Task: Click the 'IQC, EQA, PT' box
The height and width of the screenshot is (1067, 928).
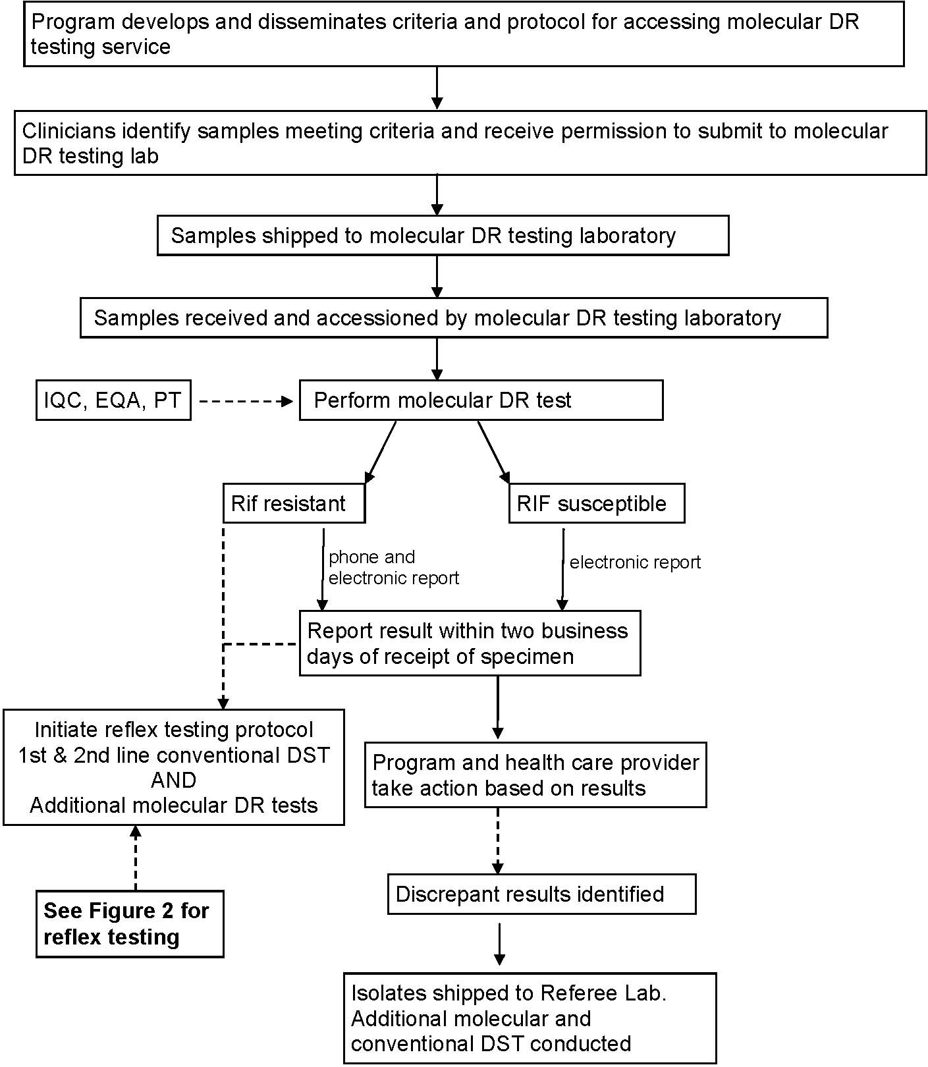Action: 113,400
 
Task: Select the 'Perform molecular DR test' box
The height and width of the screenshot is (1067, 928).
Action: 481,400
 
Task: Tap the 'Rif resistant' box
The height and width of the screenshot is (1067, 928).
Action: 294,504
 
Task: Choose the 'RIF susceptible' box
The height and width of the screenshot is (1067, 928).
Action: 596,504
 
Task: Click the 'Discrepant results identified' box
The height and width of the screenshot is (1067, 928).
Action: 541,894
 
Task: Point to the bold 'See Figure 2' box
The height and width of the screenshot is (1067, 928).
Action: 130,923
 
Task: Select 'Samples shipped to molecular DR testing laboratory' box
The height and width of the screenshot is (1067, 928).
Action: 443,235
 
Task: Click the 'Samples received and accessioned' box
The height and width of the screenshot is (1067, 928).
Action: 454,317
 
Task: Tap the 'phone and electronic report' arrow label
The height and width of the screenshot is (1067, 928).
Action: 393,567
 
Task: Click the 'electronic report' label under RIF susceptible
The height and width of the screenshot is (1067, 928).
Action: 635,562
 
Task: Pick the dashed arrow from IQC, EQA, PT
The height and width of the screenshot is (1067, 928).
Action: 245,400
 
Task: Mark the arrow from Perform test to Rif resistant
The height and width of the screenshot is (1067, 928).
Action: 381,452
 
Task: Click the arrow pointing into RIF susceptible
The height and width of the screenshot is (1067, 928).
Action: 493,452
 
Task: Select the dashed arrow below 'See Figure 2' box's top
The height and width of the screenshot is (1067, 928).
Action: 136,858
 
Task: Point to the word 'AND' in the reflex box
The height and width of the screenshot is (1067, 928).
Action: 174,780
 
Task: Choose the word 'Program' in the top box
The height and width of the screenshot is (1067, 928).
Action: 72,22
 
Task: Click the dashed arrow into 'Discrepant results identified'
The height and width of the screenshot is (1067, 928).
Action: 498,841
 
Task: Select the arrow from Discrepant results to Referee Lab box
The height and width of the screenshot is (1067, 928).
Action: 499,944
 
